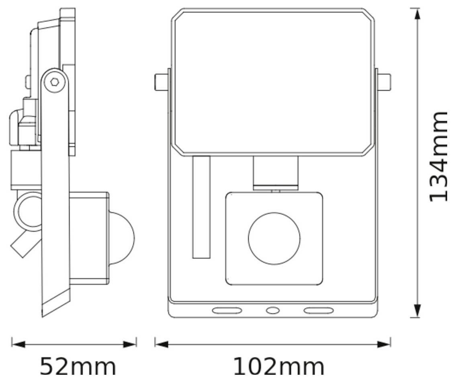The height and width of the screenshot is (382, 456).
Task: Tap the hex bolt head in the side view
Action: coord(55,82)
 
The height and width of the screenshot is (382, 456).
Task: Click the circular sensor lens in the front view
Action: coord(274,238)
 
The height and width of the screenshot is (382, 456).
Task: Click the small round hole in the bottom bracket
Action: coord(272,310)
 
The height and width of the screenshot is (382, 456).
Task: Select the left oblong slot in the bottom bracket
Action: coord(227,310)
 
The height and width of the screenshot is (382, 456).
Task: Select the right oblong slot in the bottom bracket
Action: coord(318,310)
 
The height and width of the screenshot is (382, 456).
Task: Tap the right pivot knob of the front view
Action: coord(384,82)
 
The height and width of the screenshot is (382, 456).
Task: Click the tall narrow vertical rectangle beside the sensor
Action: coord(201,207)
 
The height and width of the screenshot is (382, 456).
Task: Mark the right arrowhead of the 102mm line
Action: coord(384,344)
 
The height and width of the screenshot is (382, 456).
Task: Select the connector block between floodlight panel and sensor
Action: coord(276,173)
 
